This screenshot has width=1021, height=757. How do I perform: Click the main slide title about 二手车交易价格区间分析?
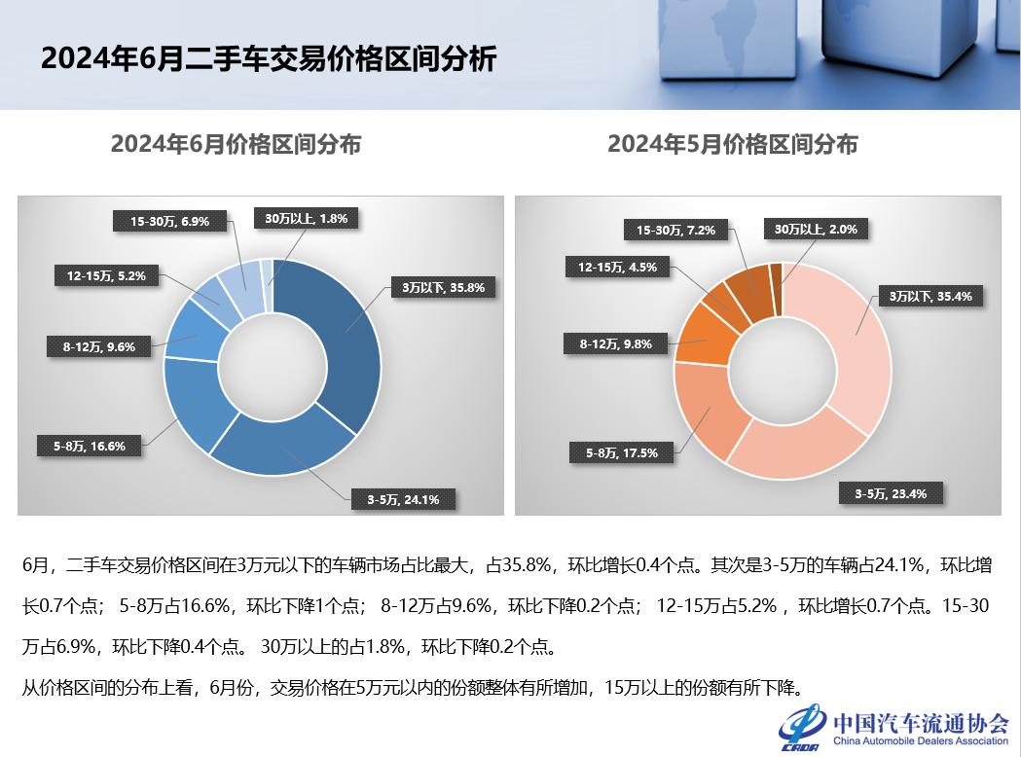click(269, 59)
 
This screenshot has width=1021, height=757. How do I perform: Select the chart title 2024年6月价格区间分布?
click(237, 145)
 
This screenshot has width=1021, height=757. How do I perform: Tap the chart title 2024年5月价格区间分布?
click(733, 145)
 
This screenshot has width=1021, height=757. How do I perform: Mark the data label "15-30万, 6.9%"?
click(169, 221)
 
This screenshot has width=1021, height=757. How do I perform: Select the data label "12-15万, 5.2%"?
click(106, 276)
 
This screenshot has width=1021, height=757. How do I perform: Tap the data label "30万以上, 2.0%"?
click(816, 230)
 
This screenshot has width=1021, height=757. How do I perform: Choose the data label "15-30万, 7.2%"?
click(675, 231)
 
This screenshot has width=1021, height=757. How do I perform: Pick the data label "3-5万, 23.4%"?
click(889, 494)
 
